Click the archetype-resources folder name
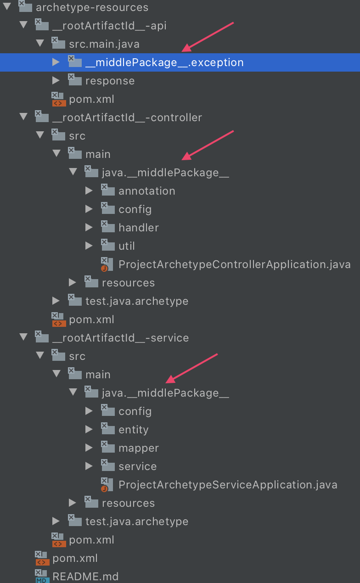92,7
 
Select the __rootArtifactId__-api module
109,26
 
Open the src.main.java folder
104,44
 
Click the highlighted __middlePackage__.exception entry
164,62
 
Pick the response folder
110,81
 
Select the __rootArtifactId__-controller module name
127,118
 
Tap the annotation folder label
147,191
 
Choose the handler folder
139,228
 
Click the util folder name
127,246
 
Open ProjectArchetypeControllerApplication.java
234,264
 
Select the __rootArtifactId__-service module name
121,338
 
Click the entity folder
134,430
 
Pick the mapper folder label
139,448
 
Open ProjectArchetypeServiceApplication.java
228,485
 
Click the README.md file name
85,577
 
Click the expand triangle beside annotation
89,191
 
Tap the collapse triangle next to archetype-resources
7,7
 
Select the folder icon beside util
107,245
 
